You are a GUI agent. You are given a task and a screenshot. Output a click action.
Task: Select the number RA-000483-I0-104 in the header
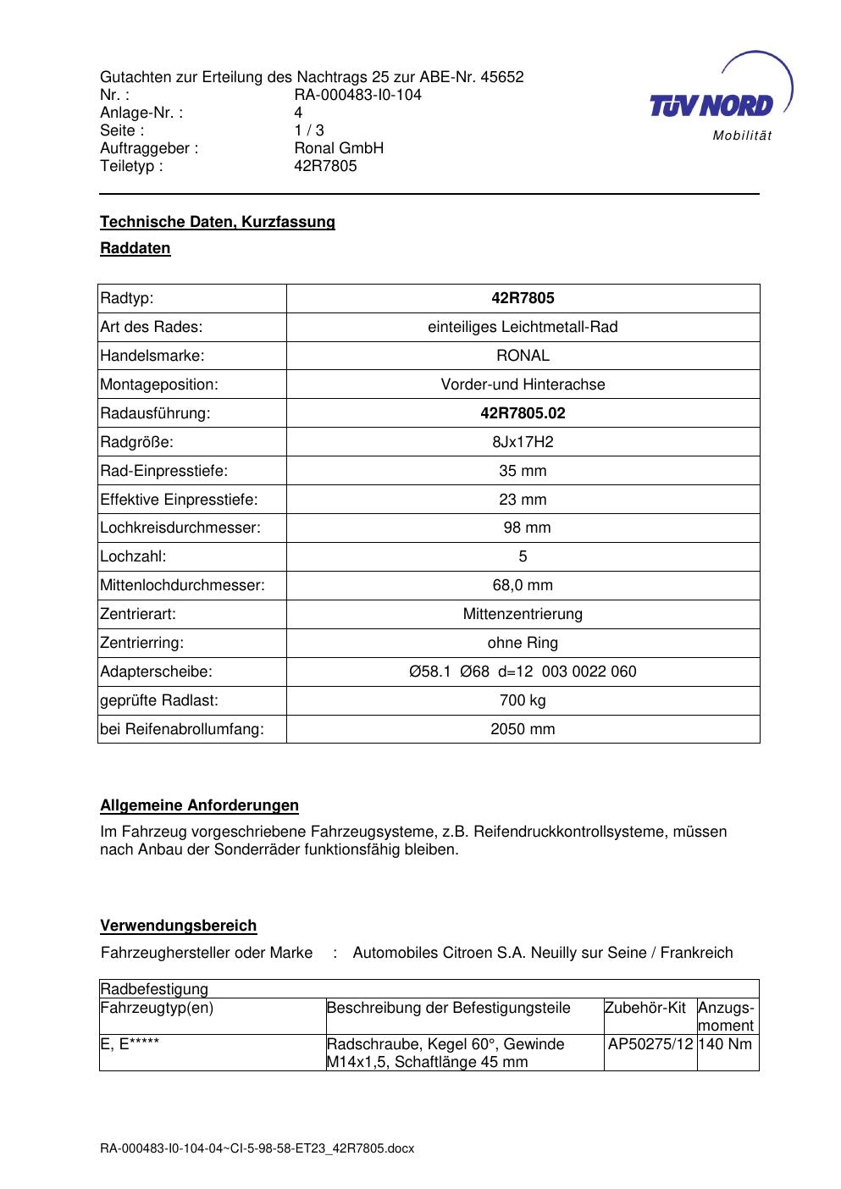pyautogui.click(x=357, y=95)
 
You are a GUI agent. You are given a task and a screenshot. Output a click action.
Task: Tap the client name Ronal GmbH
pyautogui.click(x=339, y=148)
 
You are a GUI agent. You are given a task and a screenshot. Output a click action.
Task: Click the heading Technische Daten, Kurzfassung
pyautogui.click(x=218, y=222)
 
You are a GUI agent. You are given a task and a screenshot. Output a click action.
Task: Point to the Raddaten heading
pyautogui.click(x=136, y=248)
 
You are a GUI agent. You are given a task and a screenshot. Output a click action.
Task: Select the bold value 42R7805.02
pyautogui.click(x=523, y=413)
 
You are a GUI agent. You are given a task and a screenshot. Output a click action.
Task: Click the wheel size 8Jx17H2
pyautogui.click(x=523, y=442)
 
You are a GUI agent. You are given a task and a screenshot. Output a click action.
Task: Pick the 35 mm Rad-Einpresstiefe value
pyautogui.click(x=523, y=471)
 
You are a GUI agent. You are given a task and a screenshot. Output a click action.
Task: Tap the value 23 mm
pyautogui.click(x=523, y=500)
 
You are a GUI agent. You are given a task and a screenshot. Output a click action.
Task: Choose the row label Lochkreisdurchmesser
pyautogui.click(x=180, y=528)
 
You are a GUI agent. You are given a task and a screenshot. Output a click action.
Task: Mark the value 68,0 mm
pyautogui.click(x=523, y=585)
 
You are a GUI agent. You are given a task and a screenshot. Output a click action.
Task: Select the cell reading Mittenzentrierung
pyautogui.click(x=523, y=614)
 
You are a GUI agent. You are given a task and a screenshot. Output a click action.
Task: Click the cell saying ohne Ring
pyautogui.click(x=523, y=643)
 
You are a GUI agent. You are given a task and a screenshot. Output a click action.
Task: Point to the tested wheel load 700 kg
pyautogui.click(x=523, y=700)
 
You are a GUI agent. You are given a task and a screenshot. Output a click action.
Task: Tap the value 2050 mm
pyautogui.click(x=523, y=729)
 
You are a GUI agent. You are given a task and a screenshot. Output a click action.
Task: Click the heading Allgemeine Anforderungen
pyautogui.click(x=200, y=805)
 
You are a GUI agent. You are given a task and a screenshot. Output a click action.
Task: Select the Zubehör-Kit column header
pyautogui.click(x=645, y=1008)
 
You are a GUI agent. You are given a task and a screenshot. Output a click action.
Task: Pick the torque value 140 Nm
pyautogui.click(x=725, y=1044)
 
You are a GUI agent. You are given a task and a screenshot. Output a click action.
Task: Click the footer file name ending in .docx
pyautogui.click(x=257, y=1148)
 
